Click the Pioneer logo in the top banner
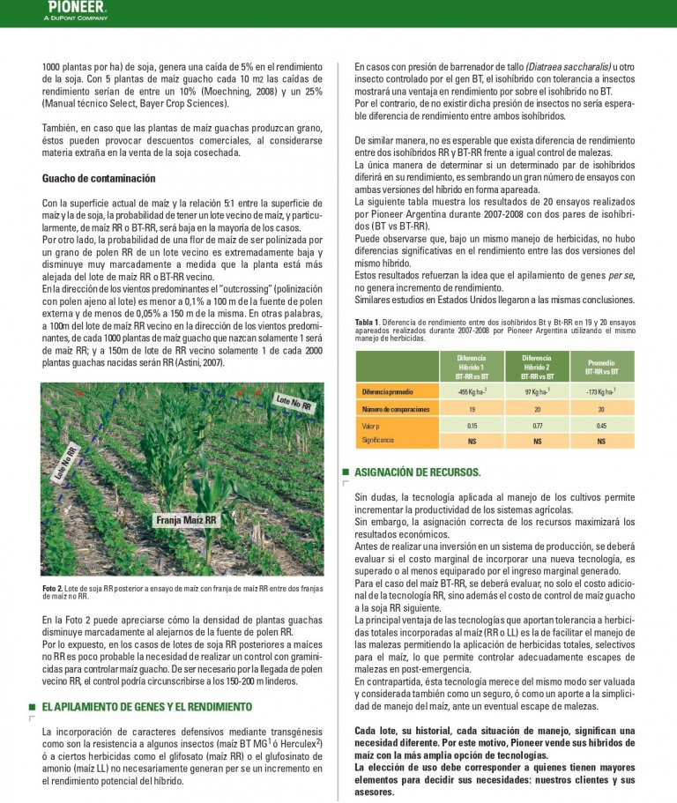click(77, 7)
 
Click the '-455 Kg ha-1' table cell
click(472, 391)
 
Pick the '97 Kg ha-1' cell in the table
click(537, 391)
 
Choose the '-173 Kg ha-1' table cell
click(601, 391)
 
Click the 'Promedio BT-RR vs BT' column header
click(601, 367)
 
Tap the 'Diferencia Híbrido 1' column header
click(472, 367)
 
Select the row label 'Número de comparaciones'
click(396, 409)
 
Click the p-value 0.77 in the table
click(537, 426)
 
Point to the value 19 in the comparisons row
click(472, 409)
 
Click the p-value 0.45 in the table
click(601, 426)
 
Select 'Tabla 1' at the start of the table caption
click(367, 322)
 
